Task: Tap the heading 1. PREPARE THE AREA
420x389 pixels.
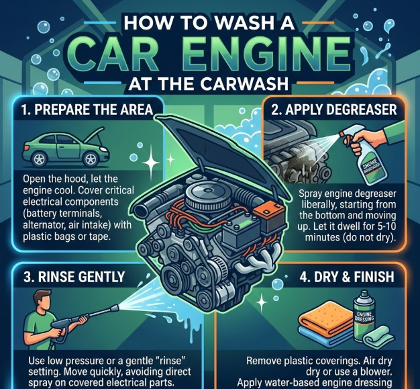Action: click(87, 110)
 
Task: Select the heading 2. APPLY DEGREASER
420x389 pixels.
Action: click(334, 110)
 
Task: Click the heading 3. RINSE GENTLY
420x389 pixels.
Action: click(74, 277)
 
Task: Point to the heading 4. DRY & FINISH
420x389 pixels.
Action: click(347, 277)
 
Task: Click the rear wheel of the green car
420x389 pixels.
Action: click(40, 159)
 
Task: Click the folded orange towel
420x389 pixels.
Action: click(325, 317)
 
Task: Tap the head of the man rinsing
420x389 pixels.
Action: click(43, 302)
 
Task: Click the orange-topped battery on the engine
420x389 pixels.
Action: click(268, 214)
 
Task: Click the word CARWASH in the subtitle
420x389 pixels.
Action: click(244, 84)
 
